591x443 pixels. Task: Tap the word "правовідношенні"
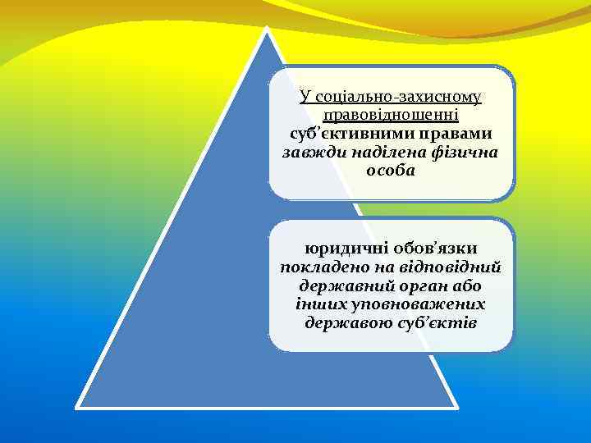pos(391,116)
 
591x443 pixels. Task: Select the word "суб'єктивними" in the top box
pos(336,134)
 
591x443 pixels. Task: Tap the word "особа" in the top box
pos(391,171)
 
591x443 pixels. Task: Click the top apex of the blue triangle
pos(267,30)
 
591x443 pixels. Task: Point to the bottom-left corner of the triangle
pos(77,406)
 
